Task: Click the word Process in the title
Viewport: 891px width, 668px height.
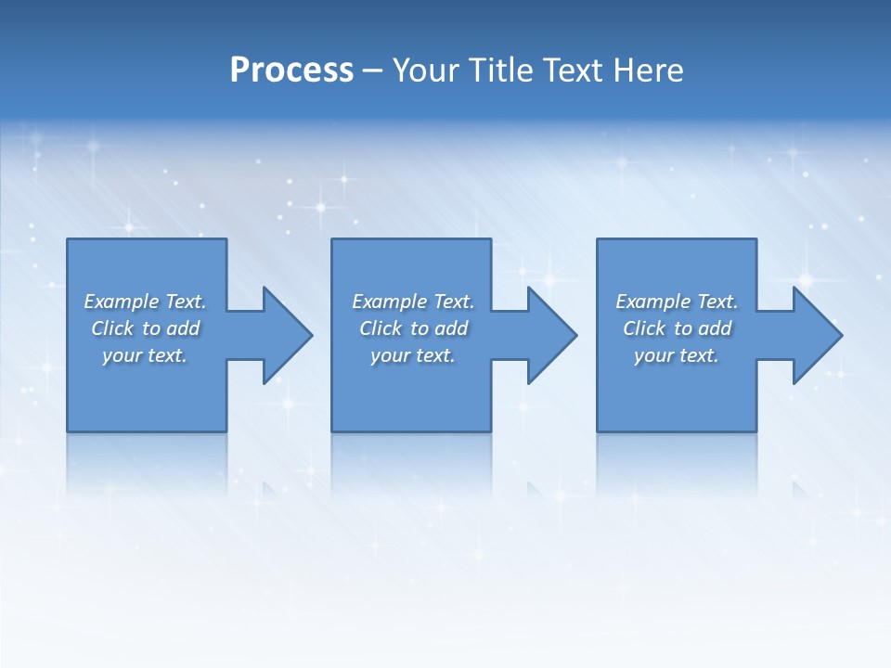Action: click(291, 71)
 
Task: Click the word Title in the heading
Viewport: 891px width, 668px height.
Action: click(498, 71)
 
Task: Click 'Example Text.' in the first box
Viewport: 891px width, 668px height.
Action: click(145, 302)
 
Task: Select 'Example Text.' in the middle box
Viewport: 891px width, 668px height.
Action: click(413, 302)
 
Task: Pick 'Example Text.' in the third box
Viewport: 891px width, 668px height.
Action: click(677, 302)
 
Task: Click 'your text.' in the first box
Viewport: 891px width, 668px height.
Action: click(145, 355)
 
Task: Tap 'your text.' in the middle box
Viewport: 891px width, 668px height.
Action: click(413, 355)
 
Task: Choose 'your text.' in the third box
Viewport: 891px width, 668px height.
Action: click(677, 355)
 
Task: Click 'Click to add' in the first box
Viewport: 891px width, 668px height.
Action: click(145, 328)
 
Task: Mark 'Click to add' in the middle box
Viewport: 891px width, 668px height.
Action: click(413, 328)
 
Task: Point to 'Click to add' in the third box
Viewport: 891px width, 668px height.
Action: click(677, 328)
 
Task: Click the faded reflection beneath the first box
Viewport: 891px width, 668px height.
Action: click(147, 459)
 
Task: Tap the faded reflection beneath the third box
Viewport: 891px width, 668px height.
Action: click(677, 459)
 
